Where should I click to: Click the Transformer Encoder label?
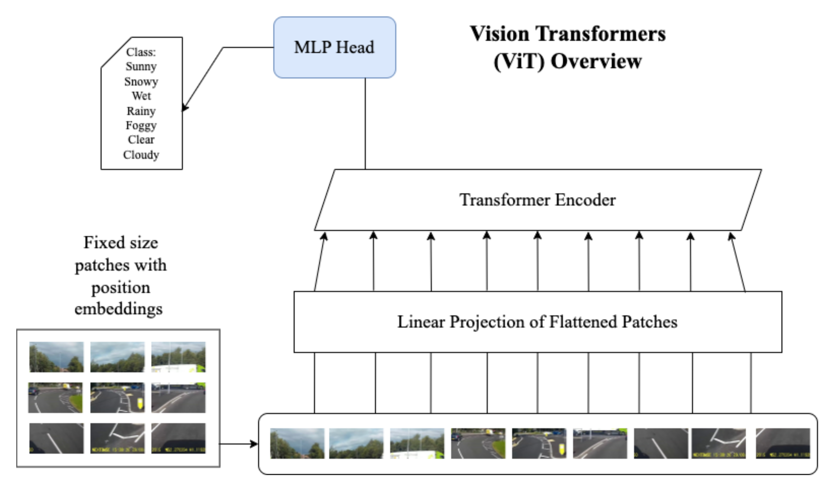[x=537, y=200]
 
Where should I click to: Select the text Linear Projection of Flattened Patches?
[x=537, y=322]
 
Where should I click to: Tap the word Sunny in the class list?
[x=141, y=66]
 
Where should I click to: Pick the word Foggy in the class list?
[x=141, y=126]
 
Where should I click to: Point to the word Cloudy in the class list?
[x=141, y=155]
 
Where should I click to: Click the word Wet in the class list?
[x=141, y=96]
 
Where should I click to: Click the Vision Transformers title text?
[x=567, y=34]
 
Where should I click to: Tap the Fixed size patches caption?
[x=120, y=276]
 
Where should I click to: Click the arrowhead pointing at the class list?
[x=185, y=108]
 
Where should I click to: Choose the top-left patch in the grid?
[x=56, y=357]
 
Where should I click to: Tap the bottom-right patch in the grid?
[x=178, y=438]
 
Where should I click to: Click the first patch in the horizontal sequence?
[x=297, y=443]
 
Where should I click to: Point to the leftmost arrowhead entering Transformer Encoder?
[x=324, y=236]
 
